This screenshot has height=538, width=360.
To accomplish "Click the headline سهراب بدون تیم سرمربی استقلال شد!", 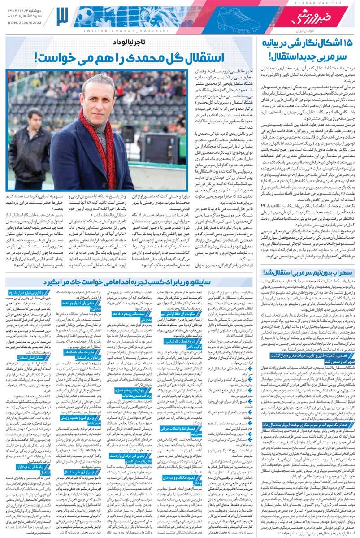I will (310, 272).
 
